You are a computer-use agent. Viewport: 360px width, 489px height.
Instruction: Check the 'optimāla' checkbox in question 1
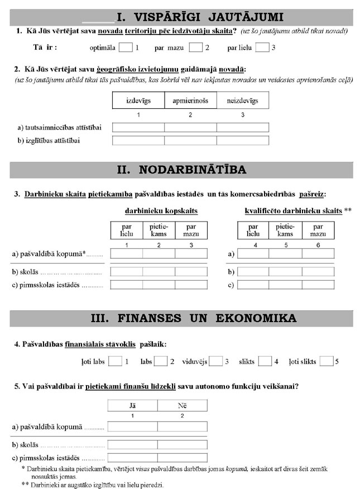(126, 47)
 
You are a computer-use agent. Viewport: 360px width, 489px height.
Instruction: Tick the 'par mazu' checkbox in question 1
(195, 47)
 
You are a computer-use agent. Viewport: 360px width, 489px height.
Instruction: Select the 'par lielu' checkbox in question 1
(262, 47)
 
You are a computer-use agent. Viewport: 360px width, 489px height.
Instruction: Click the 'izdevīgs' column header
(138, 100)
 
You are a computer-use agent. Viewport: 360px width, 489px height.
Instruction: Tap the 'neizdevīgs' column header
(242, 100)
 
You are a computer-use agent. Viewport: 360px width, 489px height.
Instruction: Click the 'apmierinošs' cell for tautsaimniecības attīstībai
(190, 128)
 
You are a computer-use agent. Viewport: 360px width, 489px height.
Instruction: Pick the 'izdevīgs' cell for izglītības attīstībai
(138, 141)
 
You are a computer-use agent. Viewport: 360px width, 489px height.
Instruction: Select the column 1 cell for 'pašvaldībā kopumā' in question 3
(127, 253)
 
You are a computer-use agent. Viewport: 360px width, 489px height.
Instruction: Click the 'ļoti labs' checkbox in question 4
(115, 361)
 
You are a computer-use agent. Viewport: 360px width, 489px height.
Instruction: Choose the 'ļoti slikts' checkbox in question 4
(327, 361)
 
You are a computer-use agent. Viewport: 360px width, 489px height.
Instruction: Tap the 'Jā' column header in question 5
(132, 405)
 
